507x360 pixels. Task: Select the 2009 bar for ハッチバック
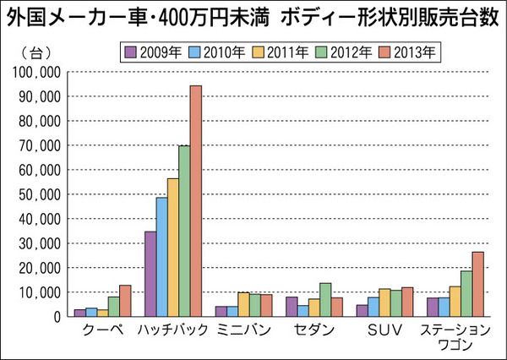click(150, 274)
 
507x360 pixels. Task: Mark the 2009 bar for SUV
click(362, 310)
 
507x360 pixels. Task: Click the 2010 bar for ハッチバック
click(161, 257)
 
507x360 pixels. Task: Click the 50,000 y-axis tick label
click(36, 194)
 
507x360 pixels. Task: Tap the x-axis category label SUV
click(384, 330)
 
